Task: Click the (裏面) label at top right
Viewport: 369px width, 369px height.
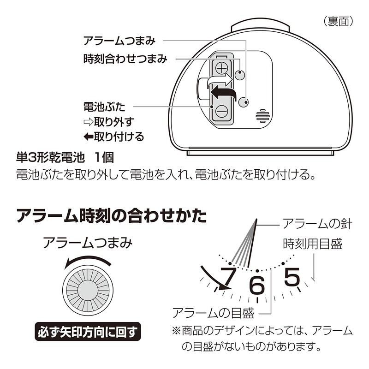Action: pyautogui.click(x=338, y=21)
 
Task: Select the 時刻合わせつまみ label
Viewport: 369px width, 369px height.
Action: pyautogui.click(x=125, y=59)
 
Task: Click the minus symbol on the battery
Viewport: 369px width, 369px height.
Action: pyautogui.click(x=222, y=111)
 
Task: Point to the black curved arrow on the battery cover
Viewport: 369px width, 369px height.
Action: pyautogui.click(x=224, y=94)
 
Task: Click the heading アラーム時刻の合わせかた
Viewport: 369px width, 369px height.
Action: pyautogui.click(x=111, y=216)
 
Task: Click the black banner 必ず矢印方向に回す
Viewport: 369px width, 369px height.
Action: pyautogui.click(x=88, y=331)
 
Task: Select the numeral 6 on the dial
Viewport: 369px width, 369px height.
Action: pyautogui.click(x=257, y=286)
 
